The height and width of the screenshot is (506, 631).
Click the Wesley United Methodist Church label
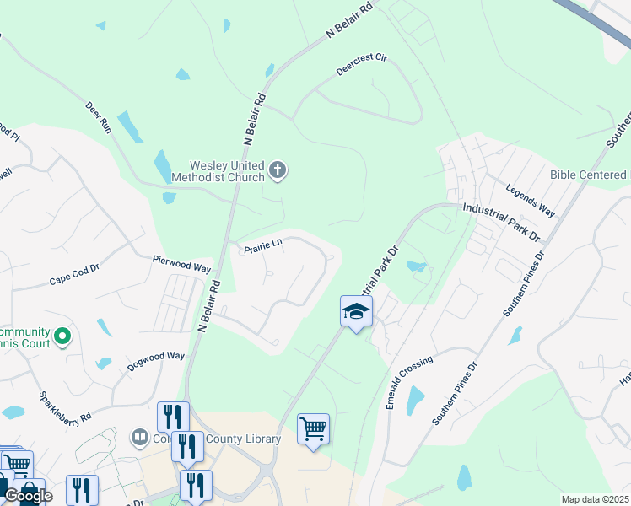tap(218, 171)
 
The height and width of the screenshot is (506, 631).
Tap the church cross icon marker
tap(278, 172)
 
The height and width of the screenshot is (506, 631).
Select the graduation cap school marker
tap(356, 312)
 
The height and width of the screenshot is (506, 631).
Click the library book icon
tap(140, 438)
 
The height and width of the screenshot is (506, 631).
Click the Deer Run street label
tap(99, 118)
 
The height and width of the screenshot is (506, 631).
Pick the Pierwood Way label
tap(181, 264)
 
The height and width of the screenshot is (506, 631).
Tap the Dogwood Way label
tap(156, 361)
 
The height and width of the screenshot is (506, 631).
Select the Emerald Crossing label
tap(409, 383)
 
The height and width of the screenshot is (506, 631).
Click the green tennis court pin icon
tap(62, 337)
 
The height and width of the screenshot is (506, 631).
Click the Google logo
tap(28, 496)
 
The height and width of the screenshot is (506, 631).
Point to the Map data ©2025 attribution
tap(595, 499)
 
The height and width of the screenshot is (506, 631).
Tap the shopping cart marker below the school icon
tap(313, 430)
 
